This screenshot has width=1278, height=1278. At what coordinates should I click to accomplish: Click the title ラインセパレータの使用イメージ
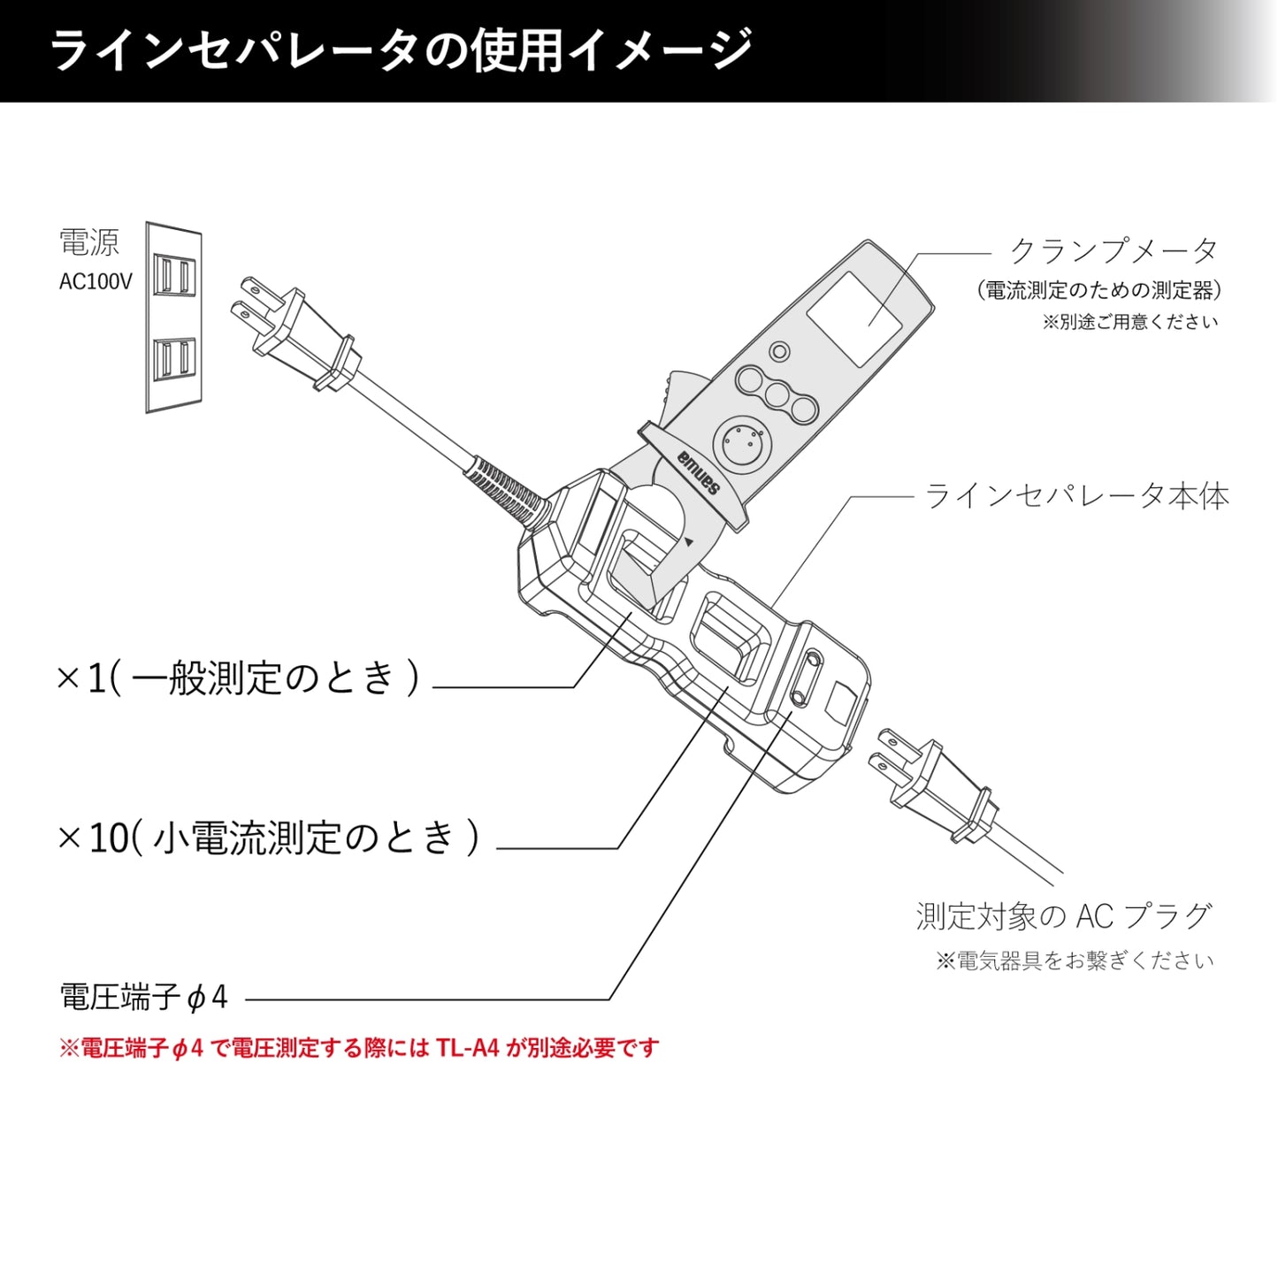coord(400,50)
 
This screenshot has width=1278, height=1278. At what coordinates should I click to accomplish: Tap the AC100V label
coord(96,282)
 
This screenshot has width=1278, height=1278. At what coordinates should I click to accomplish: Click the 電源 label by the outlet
coord(88,242)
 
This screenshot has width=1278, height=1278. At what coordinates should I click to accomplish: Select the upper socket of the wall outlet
coord(173,275)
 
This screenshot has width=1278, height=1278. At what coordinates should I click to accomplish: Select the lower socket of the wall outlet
coord(173,359)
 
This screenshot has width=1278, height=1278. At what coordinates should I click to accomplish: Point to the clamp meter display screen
coord(854,319)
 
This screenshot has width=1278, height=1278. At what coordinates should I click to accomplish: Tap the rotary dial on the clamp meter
coord(741,441)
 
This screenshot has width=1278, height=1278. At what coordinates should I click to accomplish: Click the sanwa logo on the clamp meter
coord(700,474)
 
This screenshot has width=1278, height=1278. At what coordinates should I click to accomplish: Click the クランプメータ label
coord(1113,251)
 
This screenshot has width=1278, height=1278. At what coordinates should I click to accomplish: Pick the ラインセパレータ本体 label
coord(1076,496)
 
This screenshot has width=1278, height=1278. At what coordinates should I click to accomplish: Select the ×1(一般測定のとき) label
coord(237,679)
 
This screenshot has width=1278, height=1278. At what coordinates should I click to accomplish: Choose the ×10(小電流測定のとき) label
coord(268,838)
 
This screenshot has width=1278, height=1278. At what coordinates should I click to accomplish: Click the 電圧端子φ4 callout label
coord(143,998)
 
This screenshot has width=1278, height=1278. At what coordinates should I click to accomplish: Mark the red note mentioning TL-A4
coord(358,1048)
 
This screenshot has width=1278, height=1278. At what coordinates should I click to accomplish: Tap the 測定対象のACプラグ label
coord(1063,916)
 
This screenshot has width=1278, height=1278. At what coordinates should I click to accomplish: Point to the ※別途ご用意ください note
coord(1129,322)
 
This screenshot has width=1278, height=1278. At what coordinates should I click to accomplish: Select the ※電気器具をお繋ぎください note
coord(1075,960)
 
